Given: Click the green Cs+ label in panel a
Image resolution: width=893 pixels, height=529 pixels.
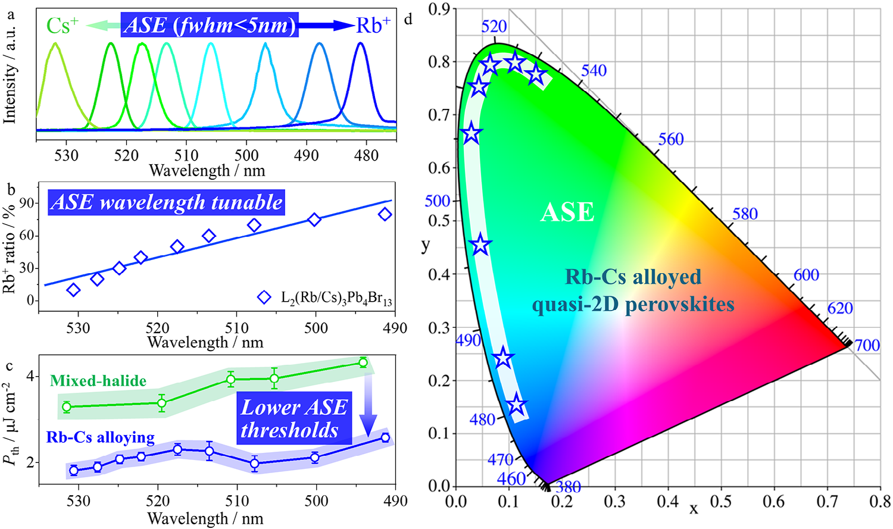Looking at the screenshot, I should click(63, 26).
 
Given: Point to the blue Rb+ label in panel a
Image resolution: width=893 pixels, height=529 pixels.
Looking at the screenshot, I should click(373, 26).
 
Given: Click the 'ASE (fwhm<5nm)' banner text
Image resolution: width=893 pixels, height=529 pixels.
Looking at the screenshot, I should click(210, 26).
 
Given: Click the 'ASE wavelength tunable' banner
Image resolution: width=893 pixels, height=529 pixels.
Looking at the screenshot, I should click(167, 202).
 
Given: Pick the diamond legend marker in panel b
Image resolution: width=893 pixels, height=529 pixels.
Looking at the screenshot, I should click(264, 297).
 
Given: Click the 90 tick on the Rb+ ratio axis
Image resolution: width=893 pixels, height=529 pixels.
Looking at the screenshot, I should click(27, 204).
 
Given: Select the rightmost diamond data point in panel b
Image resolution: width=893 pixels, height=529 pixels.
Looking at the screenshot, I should click(385, 214).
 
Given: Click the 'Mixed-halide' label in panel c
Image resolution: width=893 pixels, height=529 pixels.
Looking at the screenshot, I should click(98, 381).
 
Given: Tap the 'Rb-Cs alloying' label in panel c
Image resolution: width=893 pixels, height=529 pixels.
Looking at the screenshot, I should click(101, 438).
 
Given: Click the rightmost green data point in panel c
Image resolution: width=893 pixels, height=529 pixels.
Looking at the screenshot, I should click(363, 362).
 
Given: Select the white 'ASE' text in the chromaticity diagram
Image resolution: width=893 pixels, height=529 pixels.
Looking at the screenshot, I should click(567, 212).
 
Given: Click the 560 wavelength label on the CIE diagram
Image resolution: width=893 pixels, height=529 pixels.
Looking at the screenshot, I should click(671, 139).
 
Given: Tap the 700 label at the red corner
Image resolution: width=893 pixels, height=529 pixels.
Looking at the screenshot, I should click(867, 345).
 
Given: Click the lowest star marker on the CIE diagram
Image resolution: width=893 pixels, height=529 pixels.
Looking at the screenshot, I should click(517, 405).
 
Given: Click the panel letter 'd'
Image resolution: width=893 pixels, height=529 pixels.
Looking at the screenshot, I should click(408, 19).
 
